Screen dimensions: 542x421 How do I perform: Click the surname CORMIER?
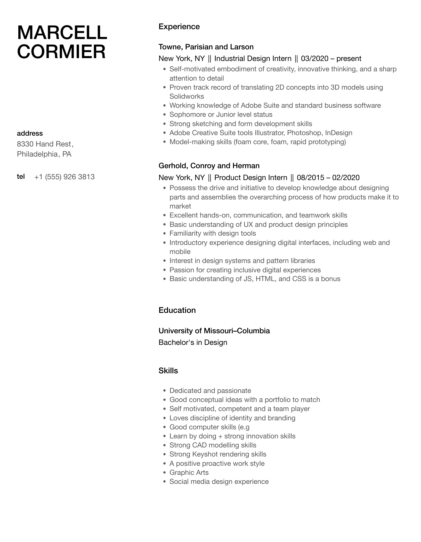(61, 52)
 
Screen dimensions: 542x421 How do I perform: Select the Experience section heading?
(179, 27)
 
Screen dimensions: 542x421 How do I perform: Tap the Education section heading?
(177, 310)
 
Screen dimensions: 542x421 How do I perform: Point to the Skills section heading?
(168, 371)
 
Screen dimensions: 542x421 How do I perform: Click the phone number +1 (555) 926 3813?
(64, 177)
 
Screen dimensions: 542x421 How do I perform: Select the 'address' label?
(30, 133)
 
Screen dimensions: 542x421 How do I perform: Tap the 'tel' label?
(21, 176)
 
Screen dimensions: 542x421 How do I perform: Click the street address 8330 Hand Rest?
(44, 144)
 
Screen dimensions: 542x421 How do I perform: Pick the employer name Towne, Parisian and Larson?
(206, 47)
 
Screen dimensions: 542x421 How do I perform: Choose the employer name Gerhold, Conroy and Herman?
(209, 166)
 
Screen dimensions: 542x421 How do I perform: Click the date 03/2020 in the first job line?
(314, 59)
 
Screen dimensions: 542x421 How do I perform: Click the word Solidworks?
(187, 96)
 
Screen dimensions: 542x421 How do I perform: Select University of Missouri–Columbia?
(214, 331)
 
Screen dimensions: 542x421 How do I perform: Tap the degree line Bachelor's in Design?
(193, 343)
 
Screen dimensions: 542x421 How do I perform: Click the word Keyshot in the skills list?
(205, 454)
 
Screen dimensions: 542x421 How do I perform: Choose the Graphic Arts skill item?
(189, 473)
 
